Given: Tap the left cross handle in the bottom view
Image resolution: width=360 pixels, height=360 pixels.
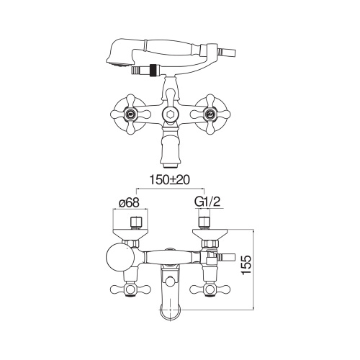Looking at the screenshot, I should click(x=131, y=291).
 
